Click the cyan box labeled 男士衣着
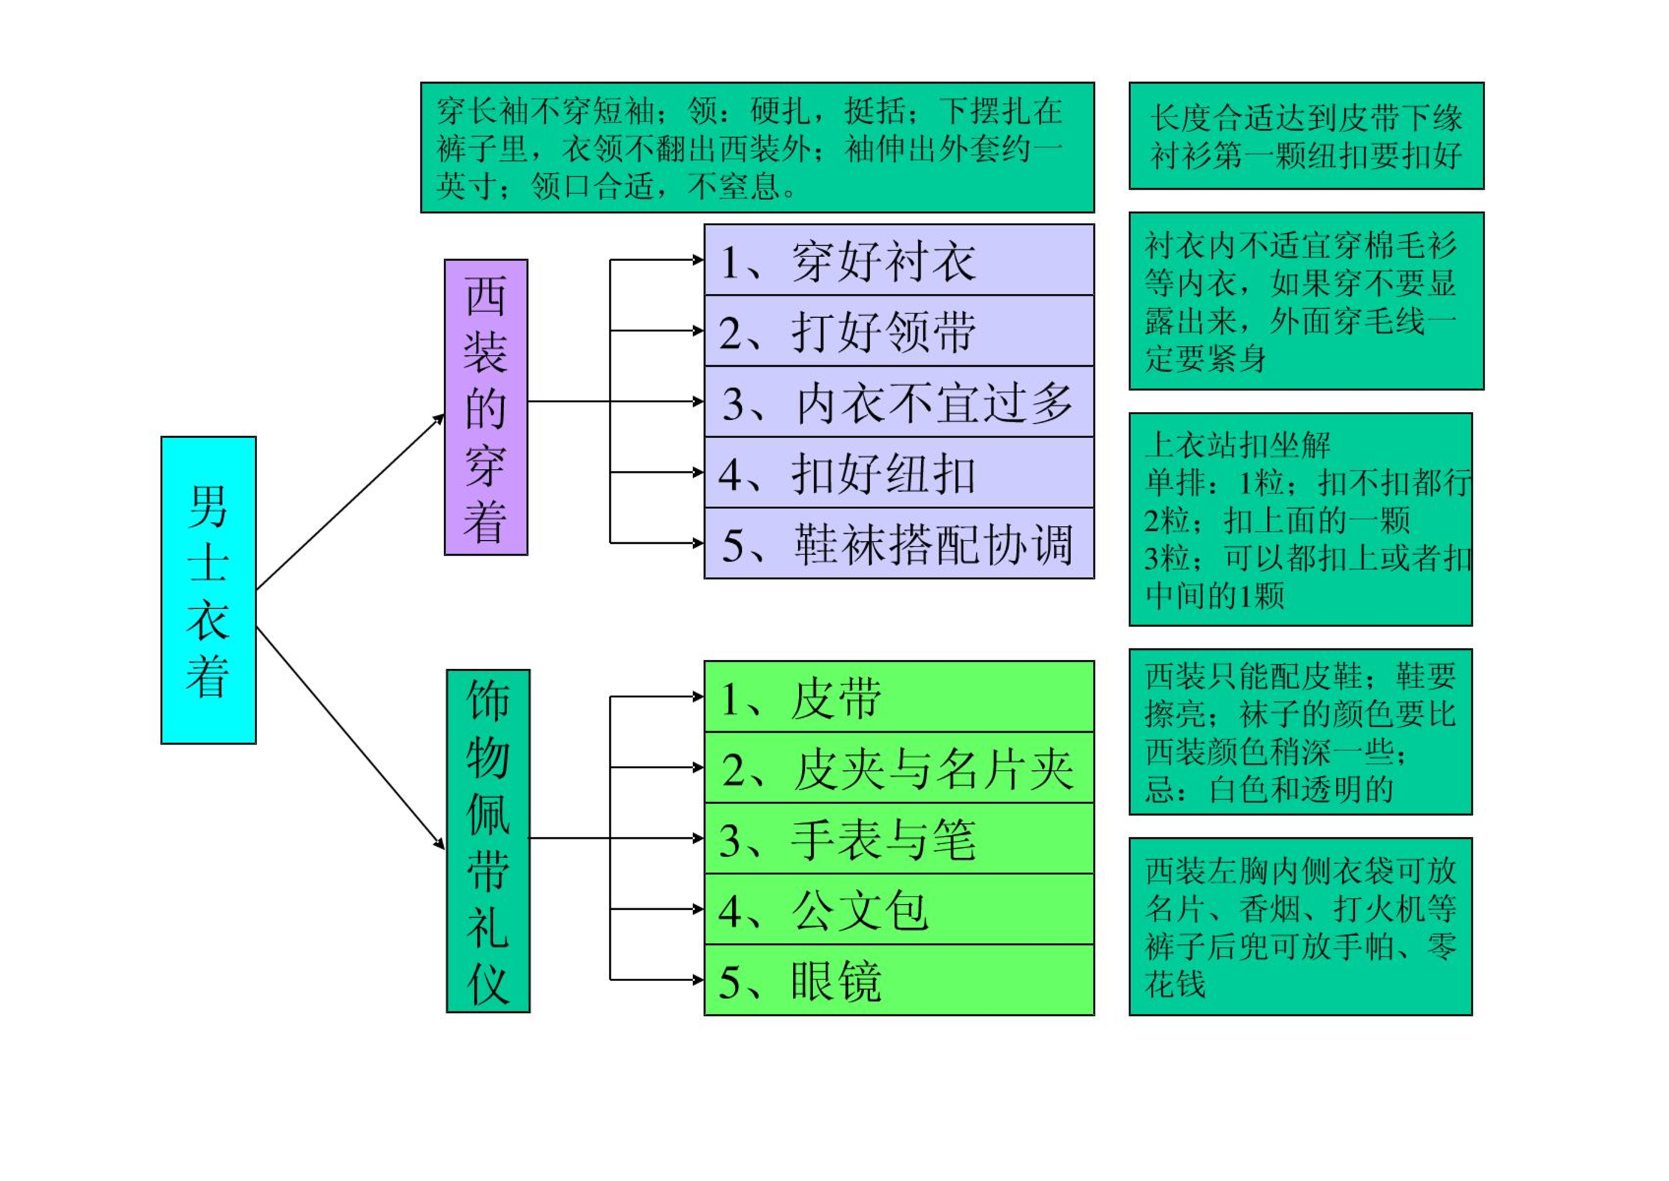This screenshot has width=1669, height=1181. click(x=208, y=590)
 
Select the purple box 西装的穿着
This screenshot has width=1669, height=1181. click(x=485, y=407)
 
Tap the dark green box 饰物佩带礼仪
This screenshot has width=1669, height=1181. click(x=488, y=840)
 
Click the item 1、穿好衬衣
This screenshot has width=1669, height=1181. click(x=898, y=260)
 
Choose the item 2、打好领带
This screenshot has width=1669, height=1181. click(x=898, y=330)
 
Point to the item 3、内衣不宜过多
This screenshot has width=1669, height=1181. click(x=898, y=402)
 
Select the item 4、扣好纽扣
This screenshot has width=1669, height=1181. click(x=898, y=473)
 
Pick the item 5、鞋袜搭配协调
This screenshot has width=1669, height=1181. click(x=898, y=543)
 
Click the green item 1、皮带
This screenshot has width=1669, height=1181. click(x=898, y=696)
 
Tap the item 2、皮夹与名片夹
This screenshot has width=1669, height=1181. click(x=898, y=768)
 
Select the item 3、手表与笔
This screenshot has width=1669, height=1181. click(x=898, y=838)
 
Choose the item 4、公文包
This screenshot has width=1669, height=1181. click(x=898, y=909)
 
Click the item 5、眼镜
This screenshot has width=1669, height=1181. click(x=898, y=979)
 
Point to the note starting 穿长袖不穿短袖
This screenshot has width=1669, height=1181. click(x=757, y=147)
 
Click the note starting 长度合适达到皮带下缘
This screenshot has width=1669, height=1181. click(x=1306, y=136)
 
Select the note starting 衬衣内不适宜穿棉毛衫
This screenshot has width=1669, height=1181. click(x=1306, y=301)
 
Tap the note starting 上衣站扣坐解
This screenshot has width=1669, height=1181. click(x=1300, y=519)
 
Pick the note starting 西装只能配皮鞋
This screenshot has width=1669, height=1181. click(x=1300, y=732)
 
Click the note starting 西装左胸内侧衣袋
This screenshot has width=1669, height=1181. click(x=1300, y=926)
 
